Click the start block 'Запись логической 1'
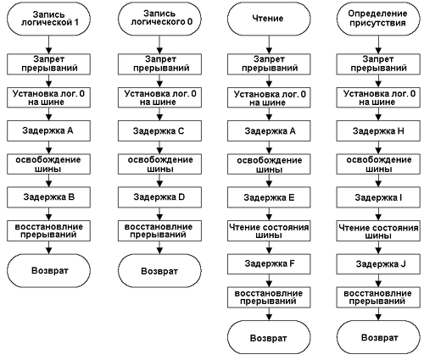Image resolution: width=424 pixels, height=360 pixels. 48,19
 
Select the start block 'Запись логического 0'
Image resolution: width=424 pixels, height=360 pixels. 159,19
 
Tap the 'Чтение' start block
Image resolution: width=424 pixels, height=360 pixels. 269,19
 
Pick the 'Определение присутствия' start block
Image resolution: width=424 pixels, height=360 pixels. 378,19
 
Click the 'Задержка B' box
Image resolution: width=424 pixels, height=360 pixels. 48,197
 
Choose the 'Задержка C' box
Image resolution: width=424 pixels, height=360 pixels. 159,130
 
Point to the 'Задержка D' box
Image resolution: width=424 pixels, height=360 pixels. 159,197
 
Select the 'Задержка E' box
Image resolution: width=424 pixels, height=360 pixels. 269,197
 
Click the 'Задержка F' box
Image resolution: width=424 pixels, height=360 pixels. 269,263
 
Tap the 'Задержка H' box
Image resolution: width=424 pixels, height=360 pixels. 378,130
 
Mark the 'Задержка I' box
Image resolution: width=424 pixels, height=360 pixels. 378,197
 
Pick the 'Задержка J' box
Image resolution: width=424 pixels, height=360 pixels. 378,263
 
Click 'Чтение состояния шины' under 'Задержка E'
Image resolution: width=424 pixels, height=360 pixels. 269,230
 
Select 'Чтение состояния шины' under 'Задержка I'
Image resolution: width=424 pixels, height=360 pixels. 378,230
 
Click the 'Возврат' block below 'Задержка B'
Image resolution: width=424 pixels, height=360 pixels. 48,270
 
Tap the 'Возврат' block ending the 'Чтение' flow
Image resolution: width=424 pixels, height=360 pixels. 269,337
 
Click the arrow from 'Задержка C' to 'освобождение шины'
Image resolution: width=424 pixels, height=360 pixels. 159,147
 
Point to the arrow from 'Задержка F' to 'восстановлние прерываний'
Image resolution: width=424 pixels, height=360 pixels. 269,280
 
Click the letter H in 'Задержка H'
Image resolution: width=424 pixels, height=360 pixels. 400,131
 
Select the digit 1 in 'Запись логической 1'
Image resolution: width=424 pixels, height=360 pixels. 76,22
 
